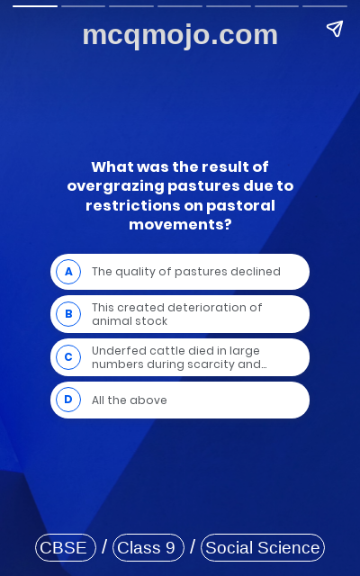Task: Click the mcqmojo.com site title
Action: point(180,35)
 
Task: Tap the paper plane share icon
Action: point(335,29)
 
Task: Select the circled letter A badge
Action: point(68,272)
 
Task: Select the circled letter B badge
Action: point(68,314)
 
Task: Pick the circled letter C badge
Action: point(68,357)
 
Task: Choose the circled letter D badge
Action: point(68,400)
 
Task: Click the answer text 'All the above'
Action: point(130,400)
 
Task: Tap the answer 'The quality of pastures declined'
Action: point(186,272)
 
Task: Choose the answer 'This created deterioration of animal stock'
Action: point(177,314)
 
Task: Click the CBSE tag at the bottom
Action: point(65,547)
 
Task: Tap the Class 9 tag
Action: point(148,547)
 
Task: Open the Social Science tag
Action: point(262,547)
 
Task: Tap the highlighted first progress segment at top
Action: point(35,5)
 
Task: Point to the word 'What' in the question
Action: point(112,167)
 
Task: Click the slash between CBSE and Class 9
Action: point(104,547)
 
